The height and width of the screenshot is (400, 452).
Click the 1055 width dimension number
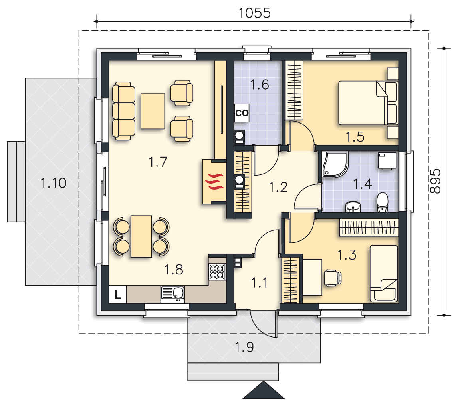tap(254, 13)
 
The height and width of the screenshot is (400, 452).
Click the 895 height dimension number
tap(435, 181)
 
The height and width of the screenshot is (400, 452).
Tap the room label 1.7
tap(158, 162)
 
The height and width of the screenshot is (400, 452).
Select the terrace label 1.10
tap(54, 183)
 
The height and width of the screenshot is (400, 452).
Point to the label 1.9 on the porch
tap(244, 347)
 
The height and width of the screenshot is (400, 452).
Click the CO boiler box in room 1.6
tap(242, 113)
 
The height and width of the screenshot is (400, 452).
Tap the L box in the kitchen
tap(118, 294)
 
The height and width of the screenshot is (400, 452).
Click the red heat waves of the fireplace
tap(214, 182)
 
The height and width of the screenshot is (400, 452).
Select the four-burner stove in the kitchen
tap(217, 272)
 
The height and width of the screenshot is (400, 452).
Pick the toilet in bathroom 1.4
tap(382, 202)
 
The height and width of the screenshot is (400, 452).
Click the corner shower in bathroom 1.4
tap(335, 164)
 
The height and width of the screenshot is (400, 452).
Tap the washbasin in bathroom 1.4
tap(353, 207)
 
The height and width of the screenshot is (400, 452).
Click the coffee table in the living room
tap(153, 111)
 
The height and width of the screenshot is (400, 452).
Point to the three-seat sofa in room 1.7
tap(123, 111)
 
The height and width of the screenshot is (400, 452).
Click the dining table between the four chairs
tap(141, 236)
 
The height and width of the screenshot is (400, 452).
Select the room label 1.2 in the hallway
tap(278, 187)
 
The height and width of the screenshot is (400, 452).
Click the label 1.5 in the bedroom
tap(355, 137)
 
